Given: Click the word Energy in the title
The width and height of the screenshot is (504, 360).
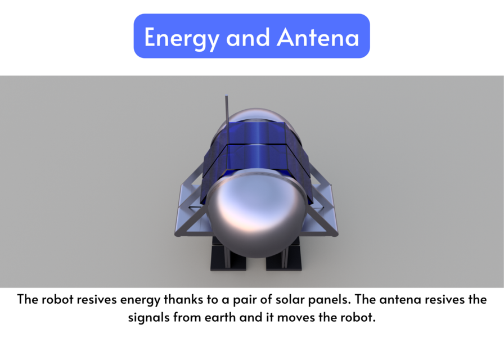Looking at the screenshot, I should (x=181, y=38).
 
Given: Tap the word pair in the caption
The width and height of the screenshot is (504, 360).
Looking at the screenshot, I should (x=244, y=299).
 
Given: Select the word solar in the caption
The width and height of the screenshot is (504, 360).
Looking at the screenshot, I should (x=286, y=299).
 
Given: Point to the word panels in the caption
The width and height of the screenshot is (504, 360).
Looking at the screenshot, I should (x=325, y=299).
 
